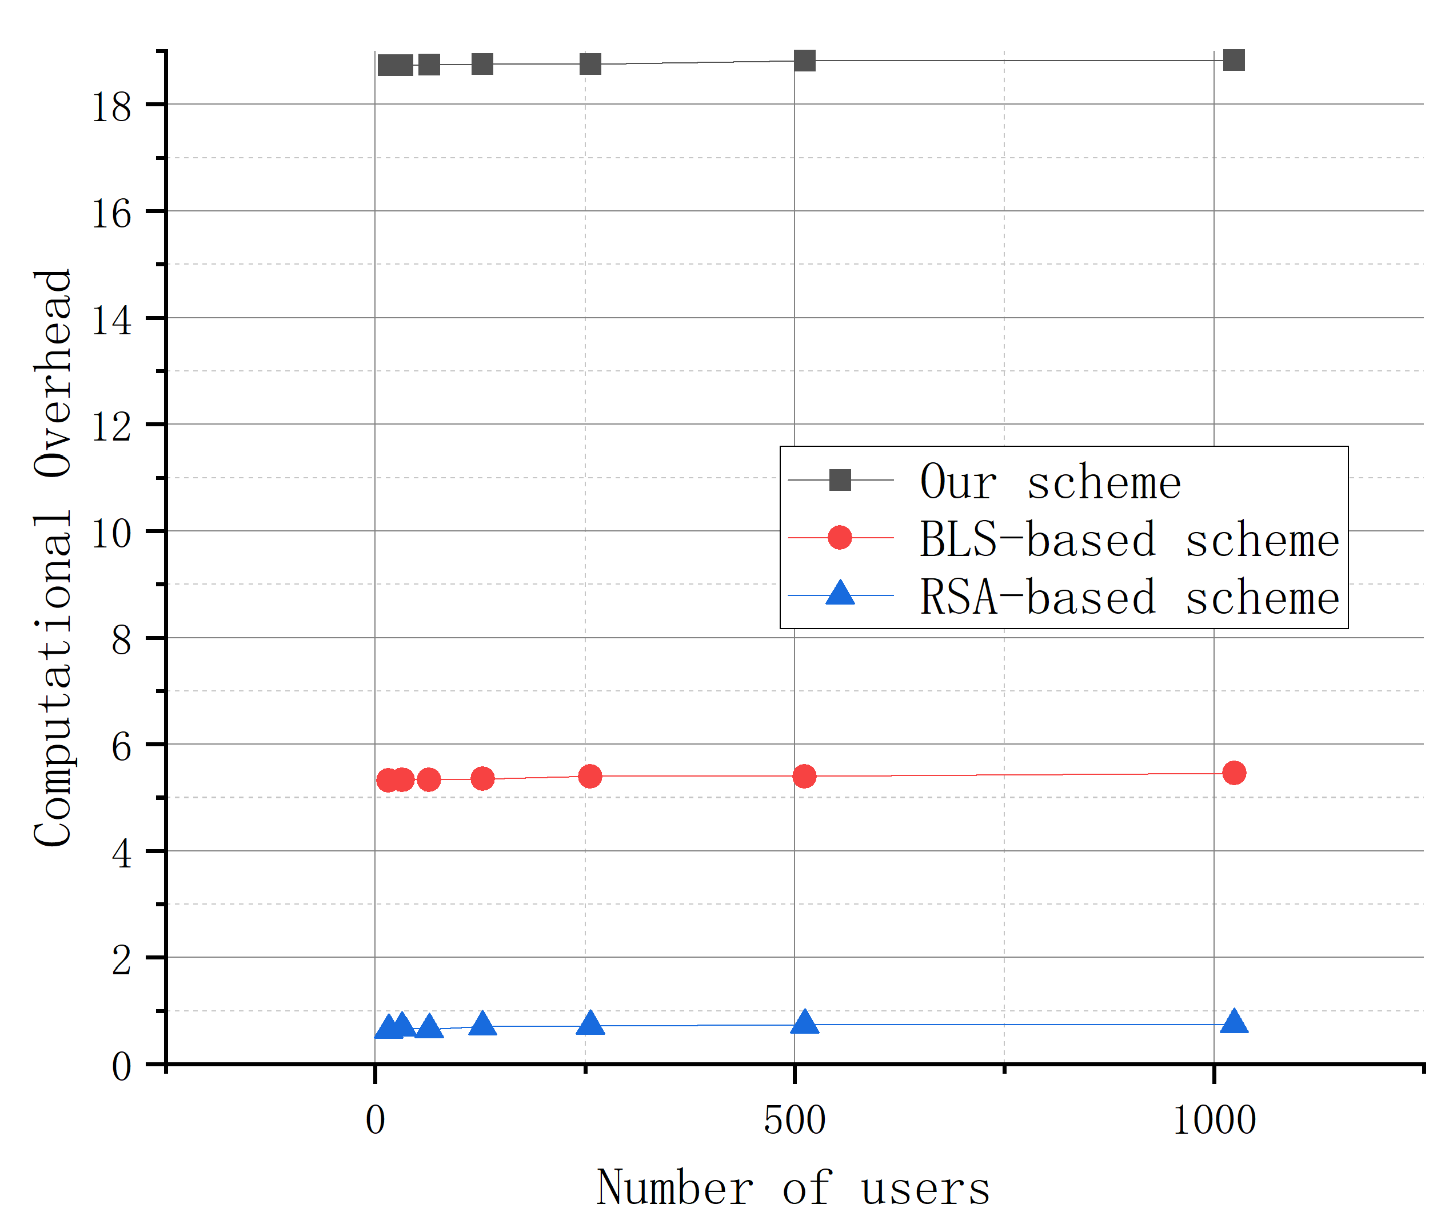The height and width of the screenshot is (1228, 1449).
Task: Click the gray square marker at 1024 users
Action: pos(1233,60)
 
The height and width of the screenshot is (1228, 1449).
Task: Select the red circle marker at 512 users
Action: pos(804,775)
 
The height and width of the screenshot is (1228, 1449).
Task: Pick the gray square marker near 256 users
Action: pos(590,64)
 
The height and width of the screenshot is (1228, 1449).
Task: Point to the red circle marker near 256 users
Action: pos(590,775)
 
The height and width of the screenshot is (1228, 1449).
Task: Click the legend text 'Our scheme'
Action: pos(1050,482)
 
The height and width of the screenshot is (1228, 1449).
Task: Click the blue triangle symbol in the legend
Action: pos(840,594)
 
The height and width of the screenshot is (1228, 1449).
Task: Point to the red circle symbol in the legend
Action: pos(840,537)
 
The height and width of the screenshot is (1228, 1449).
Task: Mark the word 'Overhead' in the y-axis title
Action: pos(54,373)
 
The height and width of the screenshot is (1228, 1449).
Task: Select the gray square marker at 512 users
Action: pos(804,61)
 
